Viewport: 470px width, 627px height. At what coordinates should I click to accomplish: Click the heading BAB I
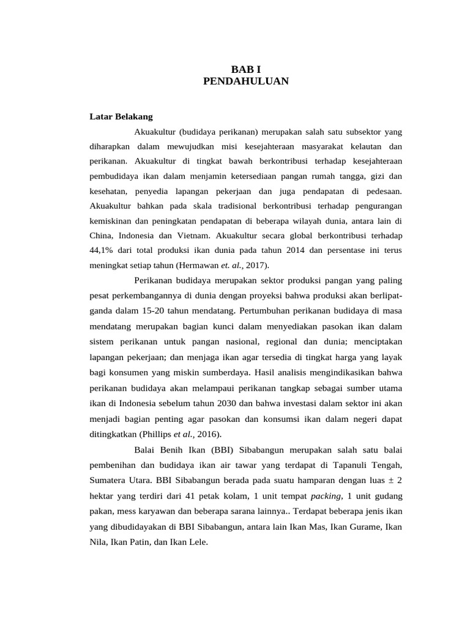click(245, 69)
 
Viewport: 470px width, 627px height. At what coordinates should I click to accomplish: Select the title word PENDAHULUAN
click(245, 80)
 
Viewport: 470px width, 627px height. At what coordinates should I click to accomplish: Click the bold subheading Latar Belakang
click(121, 116)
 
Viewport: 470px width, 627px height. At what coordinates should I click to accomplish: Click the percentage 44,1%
click(103, 250)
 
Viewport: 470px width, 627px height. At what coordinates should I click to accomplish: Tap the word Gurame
click(360, 527)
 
